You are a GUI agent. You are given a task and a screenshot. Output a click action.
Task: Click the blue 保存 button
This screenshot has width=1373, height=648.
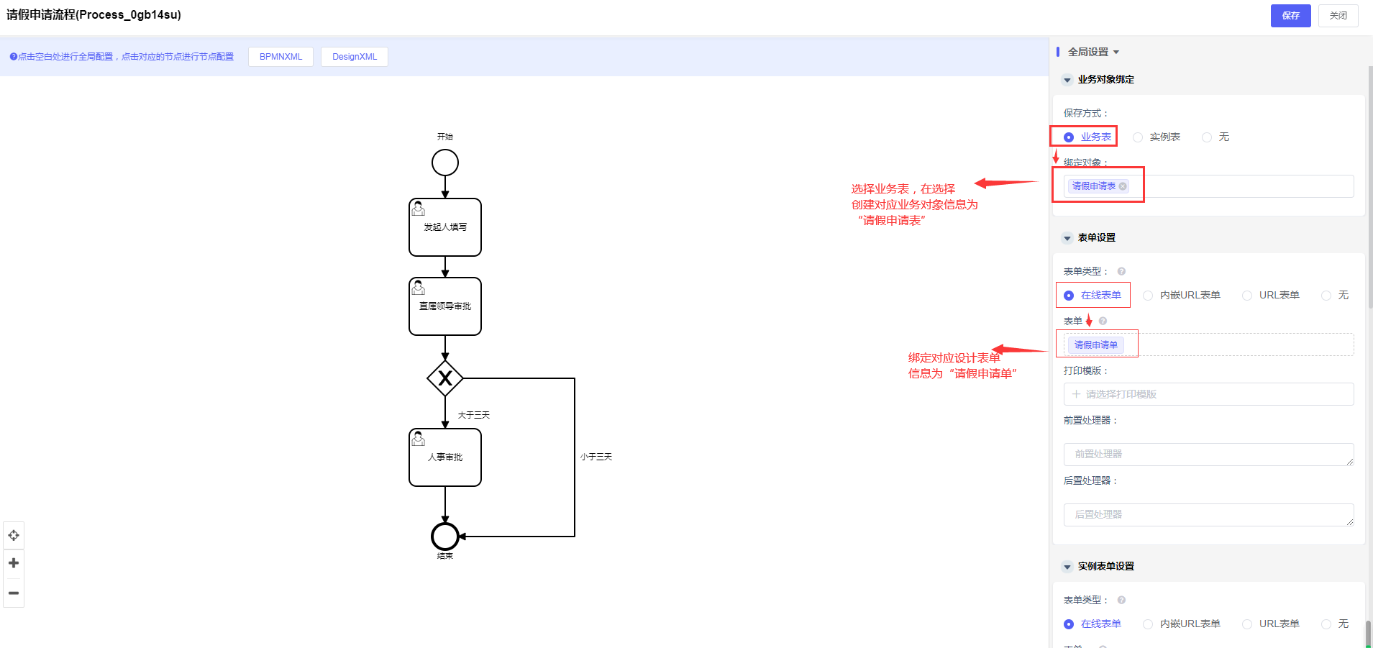point(1290,16)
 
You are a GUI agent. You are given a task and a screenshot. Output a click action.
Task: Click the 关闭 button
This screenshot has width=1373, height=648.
point(1338,16)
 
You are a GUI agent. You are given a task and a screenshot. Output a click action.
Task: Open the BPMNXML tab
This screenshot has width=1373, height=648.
point(280,57)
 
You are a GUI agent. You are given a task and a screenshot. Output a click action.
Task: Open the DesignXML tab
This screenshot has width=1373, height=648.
point(354,57)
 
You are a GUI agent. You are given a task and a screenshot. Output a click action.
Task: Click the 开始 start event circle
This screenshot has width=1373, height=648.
point(445,163)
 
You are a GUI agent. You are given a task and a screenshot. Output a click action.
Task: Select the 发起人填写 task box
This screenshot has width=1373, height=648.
point(445,227)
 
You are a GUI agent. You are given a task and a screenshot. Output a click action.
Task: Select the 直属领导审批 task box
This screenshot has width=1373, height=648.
point(445,306)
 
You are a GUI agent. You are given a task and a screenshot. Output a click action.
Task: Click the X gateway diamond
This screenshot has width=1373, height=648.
point(445,378)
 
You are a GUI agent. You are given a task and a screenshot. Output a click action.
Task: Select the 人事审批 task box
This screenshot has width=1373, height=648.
point(445,457)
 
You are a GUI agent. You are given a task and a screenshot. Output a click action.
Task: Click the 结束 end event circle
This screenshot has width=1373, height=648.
point(445,537)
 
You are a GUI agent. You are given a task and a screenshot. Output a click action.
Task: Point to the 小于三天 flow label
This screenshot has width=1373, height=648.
point(596,457)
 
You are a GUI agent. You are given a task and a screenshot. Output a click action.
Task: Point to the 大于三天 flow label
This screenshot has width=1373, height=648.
point(473,416)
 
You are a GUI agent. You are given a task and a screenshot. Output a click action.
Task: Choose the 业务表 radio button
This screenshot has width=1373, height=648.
point(1069,137)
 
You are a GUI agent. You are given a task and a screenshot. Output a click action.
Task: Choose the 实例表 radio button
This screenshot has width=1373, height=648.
point(1138,137)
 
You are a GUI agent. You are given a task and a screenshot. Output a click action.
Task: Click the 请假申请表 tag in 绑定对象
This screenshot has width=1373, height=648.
point(1093,186)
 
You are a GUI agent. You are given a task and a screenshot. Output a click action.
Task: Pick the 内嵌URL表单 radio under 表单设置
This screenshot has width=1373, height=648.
point(1148,296)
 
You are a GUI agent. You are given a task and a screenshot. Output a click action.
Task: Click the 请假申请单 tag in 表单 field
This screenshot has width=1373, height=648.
point(1095,345)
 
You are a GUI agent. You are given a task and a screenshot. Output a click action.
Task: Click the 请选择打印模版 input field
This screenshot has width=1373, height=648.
point(1208,394)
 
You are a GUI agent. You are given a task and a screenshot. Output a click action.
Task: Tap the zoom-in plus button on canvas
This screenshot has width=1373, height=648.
point(14,563)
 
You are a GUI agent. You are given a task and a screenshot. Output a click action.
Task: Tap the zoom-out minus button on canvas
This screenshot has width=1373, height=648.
point(14,593)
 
